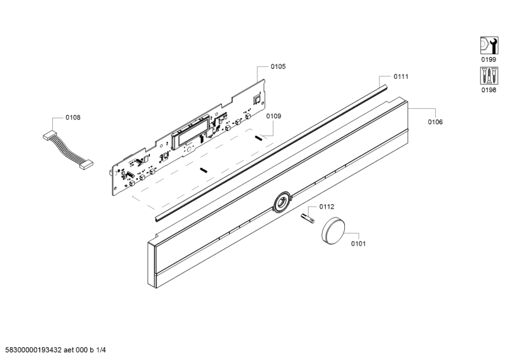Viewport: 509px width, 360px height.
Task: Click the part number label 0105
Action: (278, 67)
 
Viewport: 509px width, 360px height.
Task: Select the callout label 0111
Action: (401, 76)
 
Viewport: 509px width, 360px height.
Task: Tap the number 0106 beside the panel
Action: (435, 122)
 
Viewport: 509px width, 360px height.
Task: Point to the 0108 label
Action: (73, 118)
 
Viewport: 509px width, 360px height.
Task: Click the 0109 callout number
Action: (274, 116)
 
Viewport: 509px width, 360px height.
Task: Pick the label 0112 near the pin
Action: (326, 207)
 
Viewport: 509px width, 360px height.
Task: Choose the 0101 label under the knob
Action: (358, 244)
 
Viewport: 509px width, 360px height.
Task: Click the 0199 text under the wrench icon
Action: (489, 59)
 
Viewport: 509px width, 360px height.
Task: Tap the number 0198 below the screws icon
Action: (489, 90)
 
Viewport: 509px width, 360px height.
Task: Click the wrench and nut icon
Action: (489, 45)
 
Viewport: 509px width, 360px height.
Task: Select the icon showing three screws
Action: (489, 76)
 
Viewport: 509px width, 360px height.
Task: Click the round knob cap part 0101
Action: (333, 230)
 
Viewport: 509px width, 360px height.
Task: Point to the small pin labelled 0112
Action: (307, 218)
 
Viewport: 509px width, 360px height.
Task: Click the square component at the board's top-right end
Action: (257, 99)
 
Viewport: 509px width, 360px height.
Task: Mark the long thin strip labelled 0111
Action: (272, 154)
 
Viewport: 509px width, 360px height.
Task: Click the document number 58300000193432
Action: (31, 350)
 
